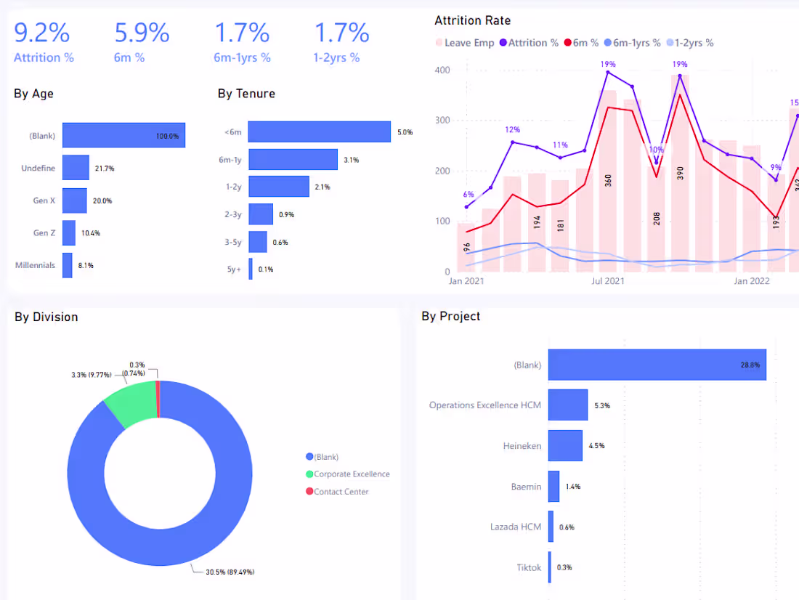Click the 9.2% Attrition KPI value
[41, 33]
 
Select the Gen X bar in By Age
[74, 200]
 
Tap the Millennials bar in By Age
[68, 265]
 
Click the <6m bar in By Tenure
[320, 131]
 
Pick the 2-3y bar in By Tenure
[261, 214]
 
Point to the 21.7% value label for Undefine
[105, 169]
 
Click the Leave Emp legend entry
[465, 43]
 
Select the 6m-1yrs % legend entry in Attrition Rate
[632, 43]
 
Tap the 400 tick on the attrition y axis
[442, 70]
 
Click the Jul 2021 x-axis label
[607, 281]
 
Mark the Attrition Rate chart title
[472, 20]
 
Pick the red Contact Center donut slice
[158, 399]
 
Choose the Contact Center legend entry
[337, 492]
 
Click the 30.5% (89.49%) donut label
[230, 572]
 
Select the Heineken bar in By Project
[565, 445]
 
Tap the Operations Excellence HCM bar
[568, 405]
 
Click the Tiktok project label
[528, 567]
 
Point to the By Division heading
[46, 317]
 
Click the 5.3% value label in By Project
[602, 406]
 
